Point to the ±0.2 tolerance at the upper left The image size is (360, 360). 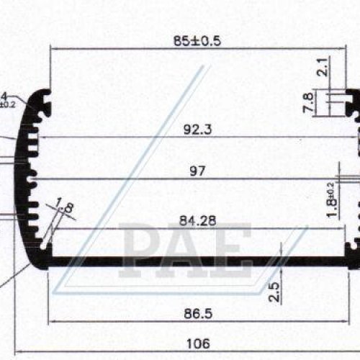(6, 104)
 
